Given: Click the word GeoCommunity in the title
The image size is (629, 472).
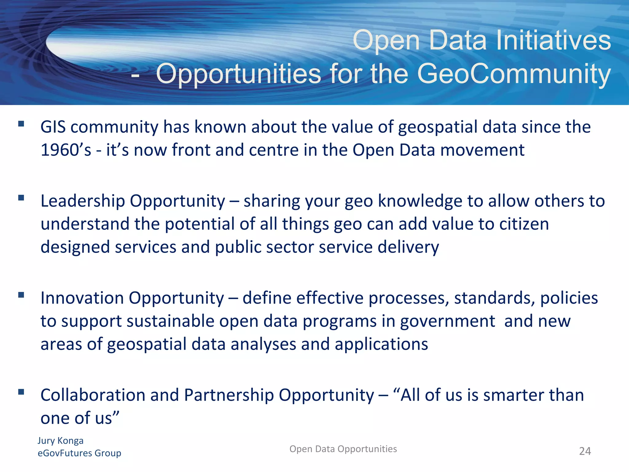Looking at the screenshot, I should coord(514,74).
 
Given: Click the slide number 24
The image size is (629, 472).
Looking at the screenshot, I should coord(585,451).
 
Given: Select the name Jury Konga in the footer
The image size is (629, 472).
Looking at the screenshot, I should coord(61,440).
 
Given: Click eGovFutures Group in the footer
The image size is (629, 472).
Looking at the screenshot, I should coord(79,453).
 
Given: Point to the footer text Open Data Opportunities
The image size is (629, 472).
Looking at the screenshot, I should coord(343,449).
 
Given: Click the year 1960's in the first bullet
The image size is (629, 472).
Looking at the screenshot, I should coord(66,150).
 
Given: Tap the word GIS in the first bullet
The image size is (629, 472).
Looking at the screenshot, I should coord(53,127).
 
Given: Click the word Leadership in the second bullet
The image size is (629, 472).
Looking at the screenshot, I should coord(83,201).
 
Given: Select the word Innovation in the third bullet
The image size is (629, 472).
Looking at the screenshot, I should coord(82,298).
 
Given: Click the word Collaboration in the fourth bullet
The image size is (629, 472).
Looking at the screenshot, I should coord(93,395).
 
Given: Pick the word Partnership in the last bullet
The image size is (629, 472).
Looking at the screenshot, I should coord(229,395).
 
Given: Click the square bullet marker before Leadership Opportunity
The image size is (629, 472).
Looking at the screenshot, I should coord(21,198).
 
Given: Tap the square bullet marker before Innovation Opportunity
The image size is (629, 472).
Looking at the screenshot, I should coord(21,295).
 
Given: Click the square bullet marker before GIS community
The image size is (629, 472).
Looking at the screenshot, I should coord(21,124).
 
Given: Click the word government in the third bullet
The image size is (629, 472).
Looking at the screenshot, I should coord(447,321).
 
